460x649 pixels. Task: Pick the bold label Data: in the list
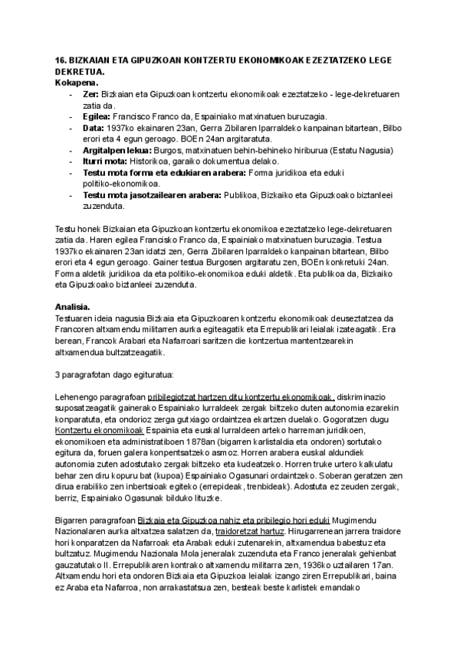click(x=94, y=128)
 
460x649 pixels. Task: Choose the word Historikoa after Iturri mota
click(x=156, y=161)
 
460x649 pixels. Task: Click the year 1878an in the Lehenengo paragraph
click(x=218, y=442)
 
